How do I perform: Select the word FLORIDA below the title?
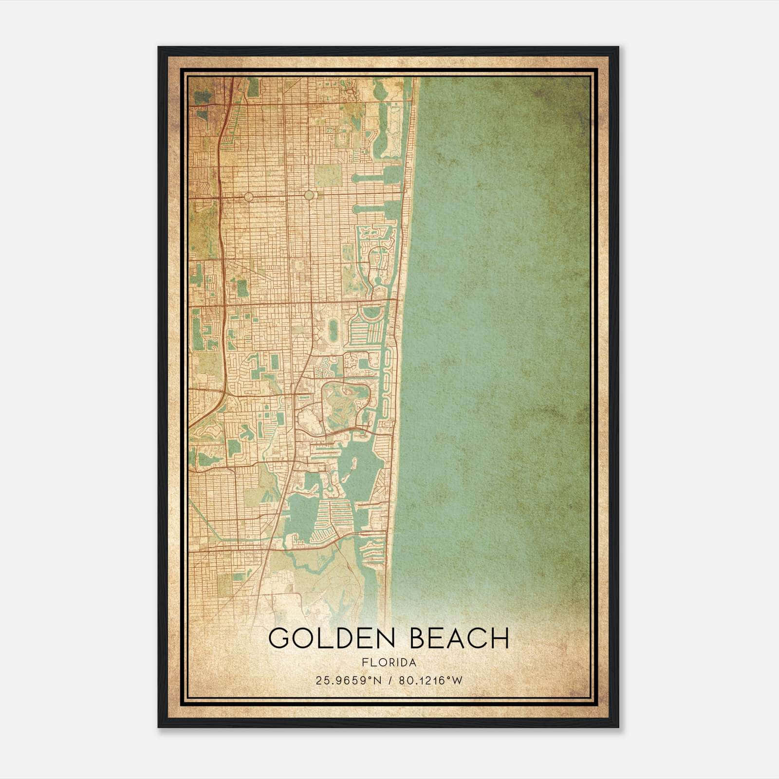click(x=389, y=663)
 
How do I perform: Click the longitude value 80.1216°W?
click(x=430, y=681)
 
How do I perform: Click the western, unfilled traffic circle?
click(x=248, y=197)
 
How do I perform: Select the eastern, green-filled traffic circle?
click(x=309, y=195)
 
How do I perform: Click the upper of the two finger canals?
click(x=375, y=178)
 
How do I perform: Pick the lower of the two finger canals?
click(x=375, y=209)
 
